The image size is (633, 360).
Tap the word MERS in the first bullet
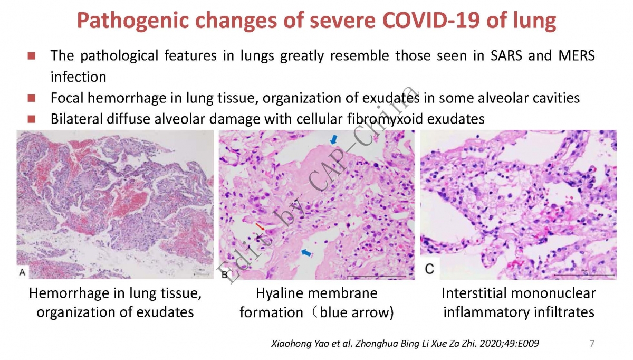tap(577, 55)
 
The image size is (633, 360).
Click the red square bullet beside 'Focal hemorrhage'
tap(31, 98)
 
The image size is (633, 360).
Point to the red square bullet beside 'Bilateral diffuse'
tap(31, 119)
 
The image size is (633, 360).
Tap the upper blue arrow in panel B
tap(334, 139)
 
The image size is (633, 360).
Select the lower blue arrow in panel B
tap(306, 252)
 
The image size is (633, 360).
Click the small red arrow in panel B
tap(260, 226)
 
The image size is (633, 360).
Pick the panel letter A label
tap(22, 272)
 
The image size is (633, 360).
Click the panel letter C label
tap(429, 269)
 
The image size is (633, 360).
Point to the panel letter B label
tap(225, 274)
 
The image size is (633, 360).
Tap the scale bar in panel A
tap(202, 274)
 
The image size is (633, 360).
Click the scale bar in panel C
tap(584, 274)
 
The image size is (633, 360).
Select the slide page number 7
tap(592, 343)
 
